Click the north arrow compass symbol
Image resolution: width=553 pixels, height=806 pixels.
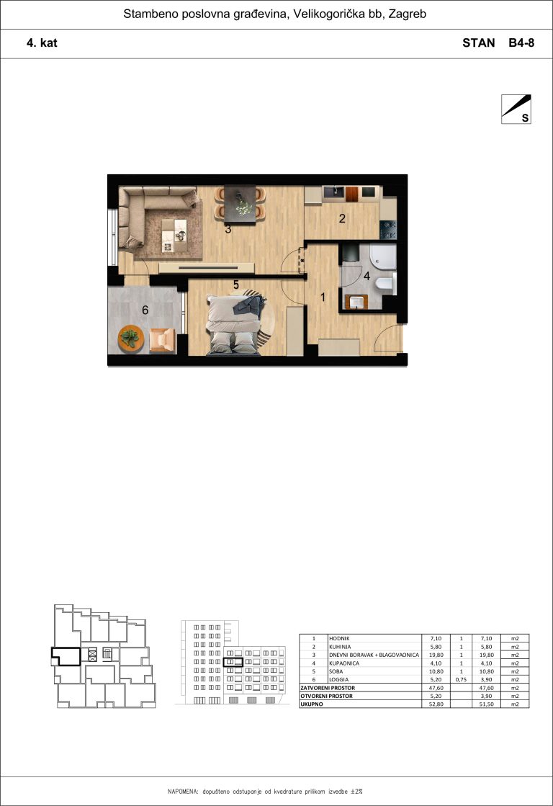click(x=516, y=109)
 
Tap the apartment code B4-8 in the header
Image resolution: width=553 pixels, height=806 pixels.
click(x=521, y=42)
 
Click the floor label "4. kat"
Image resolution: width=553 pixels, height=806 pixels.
click(x=42, y=42)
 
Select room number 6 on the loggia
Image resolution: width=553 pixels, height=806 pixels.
click(x=145, y=310)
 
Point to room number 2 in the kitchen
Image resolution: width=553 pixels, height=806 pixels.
click(x=342, y=218)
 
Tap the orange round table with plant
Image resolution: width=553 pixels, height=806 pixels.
click(x=131, y=339)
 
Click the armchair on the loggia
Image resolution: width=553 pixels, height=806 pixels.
click(x=163, y=341)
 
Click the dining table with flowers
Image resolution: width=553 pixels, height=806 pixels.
click(x=240, y=204)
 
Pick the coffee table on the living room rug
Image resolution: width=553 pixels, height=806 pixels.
click(x=174, y=236)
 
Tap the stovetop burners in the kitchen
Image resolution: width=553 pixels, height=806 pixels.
click(x=388, y=230)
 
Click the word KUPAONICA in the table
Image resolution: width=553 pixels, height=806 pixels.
click(x=344, y=663)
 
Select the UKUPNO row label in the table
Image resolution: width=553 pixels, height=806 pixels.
click(x=312, y=704)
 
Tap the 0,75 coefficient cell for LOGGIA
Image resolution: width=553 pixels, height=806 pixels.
click(x=461, y=679)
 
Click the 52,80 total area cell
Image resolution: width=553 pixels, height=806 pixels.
click(x=436, y=704)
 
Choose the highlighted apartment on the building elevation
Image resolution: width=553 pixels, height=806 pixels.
click(x=233, y=662)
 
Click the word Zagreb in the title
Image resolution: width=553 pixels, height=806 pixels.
click(x=407, y=14)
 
